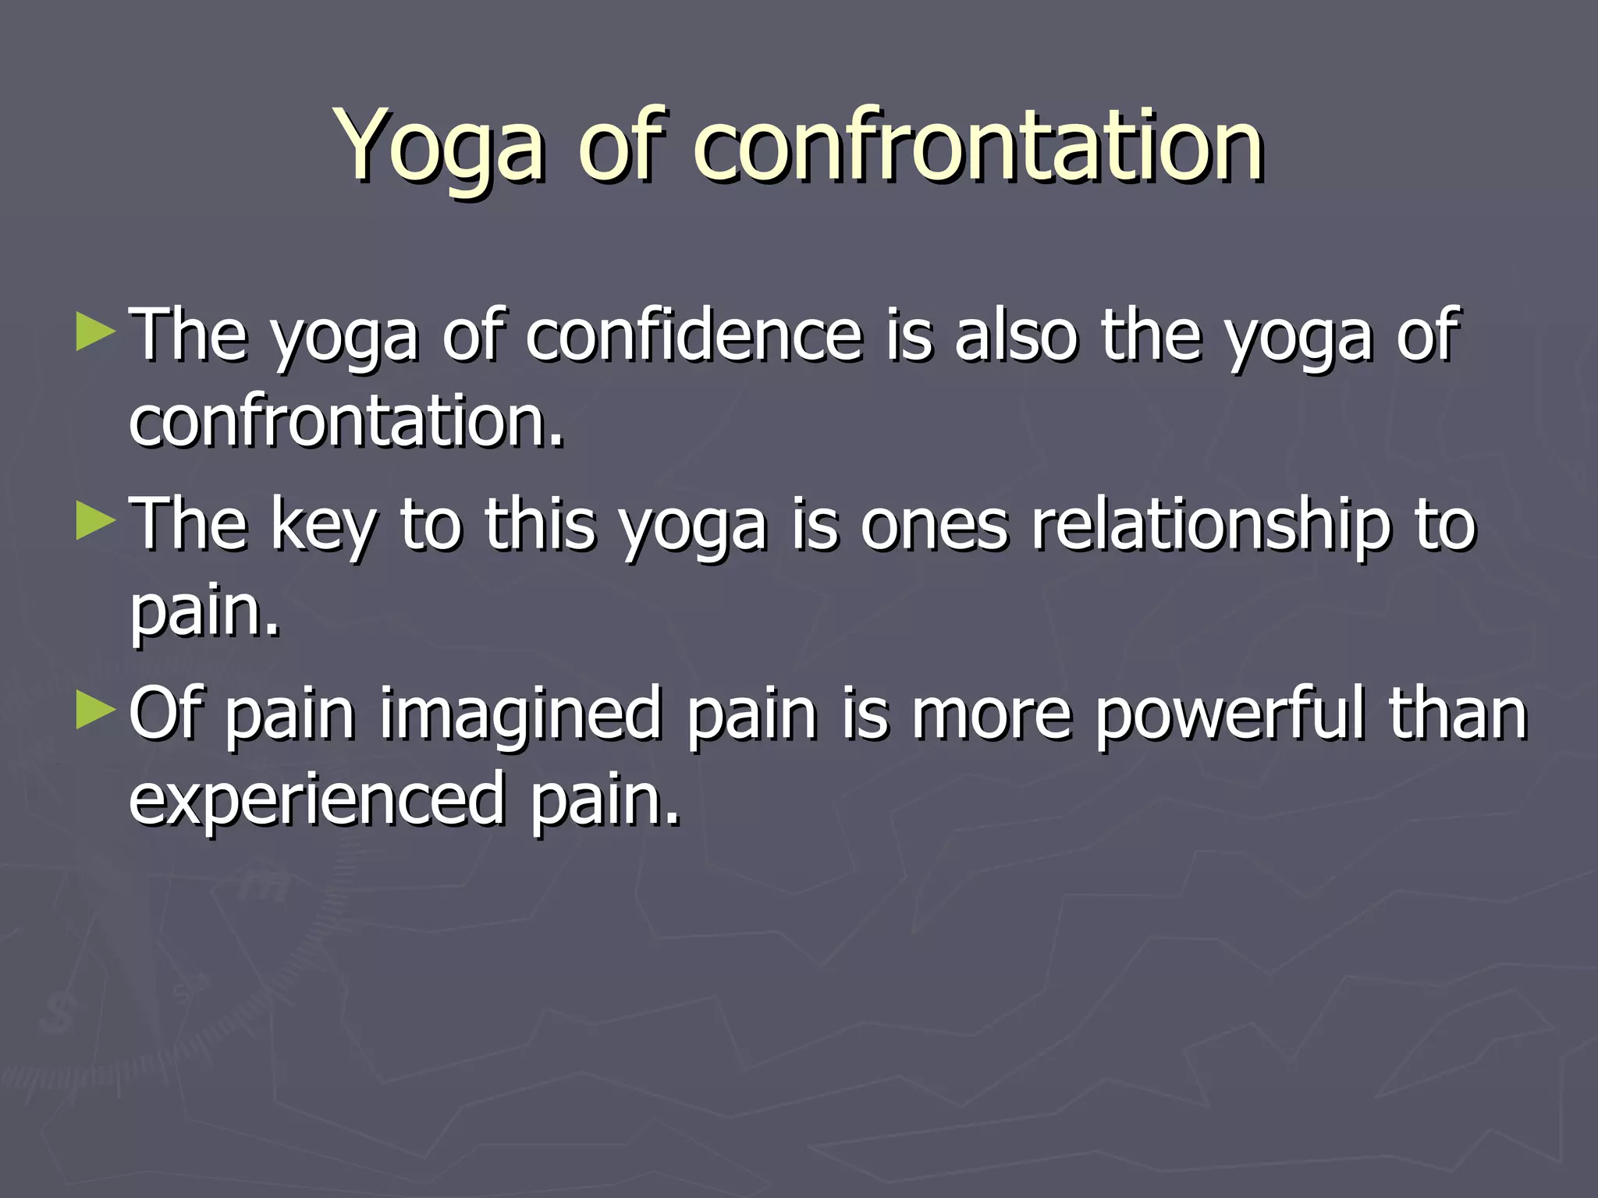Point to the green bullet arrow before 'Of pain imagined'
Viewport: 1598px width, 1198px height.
(x=95, y=711)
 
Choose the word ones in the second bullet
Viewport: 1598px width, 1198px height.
(x=934, y=526)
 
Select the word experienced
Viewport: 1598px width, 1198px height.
(x=317, y=799)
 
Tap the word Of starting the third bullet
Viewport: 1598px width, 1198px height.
(x=165, y=713)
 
